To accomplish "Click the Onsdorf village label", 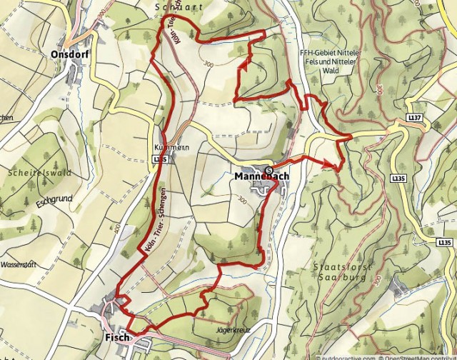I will [69, 54].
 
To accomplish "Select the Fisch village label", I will [117, 336].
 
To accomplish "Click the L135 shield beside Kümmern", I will [160, 159].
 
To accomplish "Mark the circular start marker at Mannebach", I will [268, 169].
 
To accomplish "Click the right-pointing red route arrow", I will [330, 165].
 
